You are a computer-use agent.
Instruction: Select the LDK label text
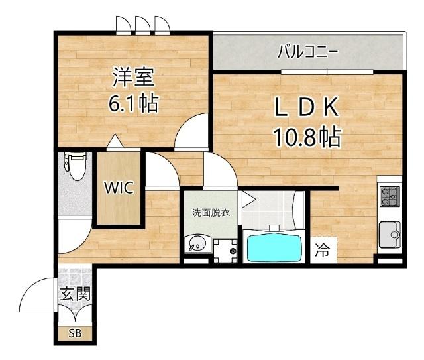(x=307, y=107)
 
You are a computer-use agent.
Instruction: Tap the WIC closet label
(x=119, y=188)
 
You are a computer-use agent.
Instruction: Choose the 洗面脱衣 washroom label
(x=211, y=213)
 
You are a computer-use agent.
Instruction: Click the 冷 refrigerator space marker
(x=323, y=251)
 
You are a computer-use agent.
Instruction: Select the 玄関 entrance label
(x=74, y=294)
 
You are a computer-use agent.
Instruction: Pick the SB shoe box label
(x=75, y=333)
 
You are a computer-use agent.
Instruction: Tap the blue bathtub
(x=275, y=246)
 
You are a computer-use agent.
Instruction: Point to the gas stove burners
(x=389, y=197)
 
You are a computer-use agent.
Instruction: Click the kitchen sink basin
(x=389, y=233)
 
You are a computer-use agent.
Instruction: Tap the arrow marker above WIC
(x=115, y=141)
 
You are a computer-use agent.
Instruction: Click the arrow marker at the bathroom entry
(x=248, y=198)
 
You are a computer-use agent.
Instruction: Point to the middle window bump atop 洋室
(x=142, y=25)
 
